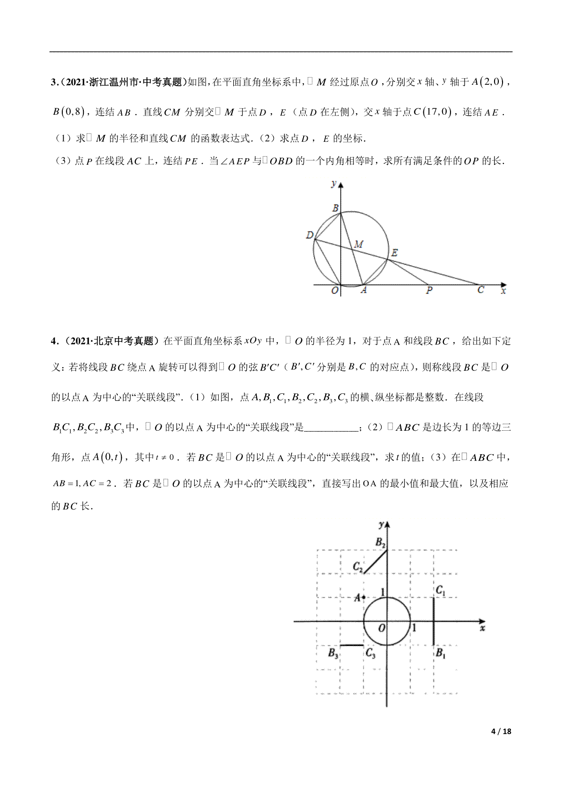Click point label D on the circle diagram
coord(310,235)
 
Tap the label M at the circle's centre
coord(358,244)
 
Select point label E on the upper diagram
coord(394,253)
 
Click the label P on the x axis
coord(429,291)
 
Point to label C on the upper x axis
coord(480,290)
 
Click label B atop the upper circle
coord(335,208)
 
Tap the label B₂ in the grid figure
coord(380,543)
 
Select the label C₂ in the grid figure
coord(358,567)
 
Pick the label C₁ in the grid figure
coord(440,591)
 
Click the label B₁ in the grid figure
coord(440,653)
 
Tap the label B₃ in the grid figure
coord(333,654)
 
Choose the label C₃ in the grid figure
coord(370,654)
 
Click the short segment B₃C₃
coord(352,645)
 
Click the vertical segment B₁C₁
coord(434,621)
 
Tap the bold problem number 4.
coord(53,341)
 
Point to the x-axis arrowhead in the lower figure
coord(482,621)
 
